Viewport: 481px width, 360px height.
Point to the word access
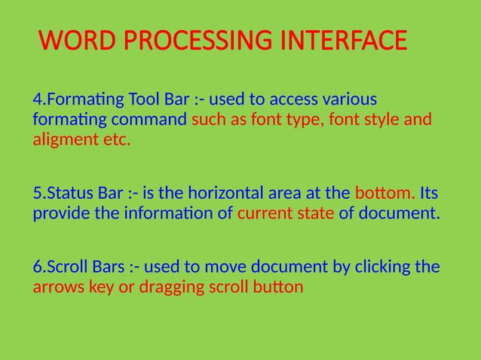(292, 100)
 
